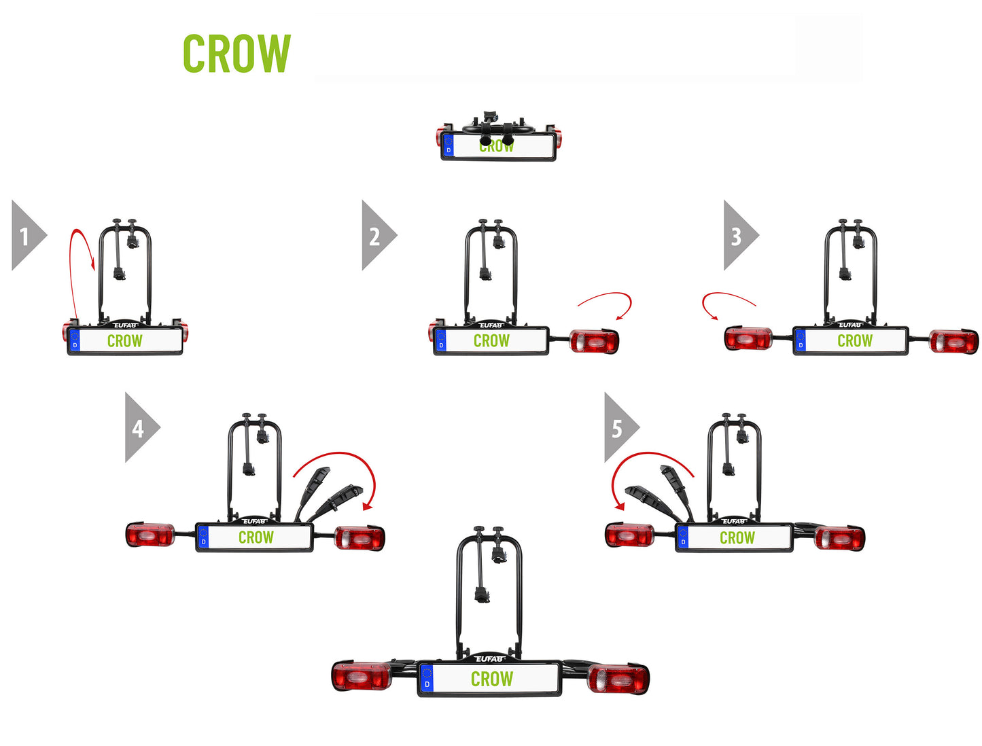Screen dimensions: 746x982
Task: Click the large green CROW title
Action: [236, 54]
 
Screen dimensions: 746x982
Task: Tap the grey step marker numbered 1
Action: [26, 236]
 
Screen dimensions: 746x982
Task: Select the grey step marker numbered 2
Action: [376, 236]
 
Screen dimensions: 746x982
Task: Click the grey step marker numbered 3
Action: [737, 236]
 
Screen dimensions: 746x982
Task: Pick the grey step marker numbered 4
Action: [139, 428]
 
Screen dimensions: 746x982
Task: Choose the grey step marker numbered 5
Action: [618, 428]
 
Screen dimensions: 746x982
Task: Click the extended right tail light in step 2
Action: [594, 340]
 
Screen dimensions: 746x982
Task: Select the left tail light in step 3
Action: [748, 338]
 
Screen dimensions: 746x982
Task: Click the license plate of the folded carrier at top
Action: [498, 146]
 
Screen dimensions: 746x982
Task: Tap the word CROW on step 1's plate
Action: [125, 341]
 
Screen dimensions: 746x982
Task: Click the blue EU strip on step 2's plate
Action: [441, 340]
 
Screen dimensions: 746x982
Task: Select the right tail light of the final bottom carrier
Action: [618, 679]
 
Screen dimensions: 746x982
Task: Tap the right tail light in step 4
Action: [360, 539]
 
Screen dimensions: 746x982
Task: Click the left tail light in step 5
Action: [629, 535]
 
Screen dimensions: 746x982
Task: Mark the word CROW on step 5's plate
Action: [737, 538]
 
